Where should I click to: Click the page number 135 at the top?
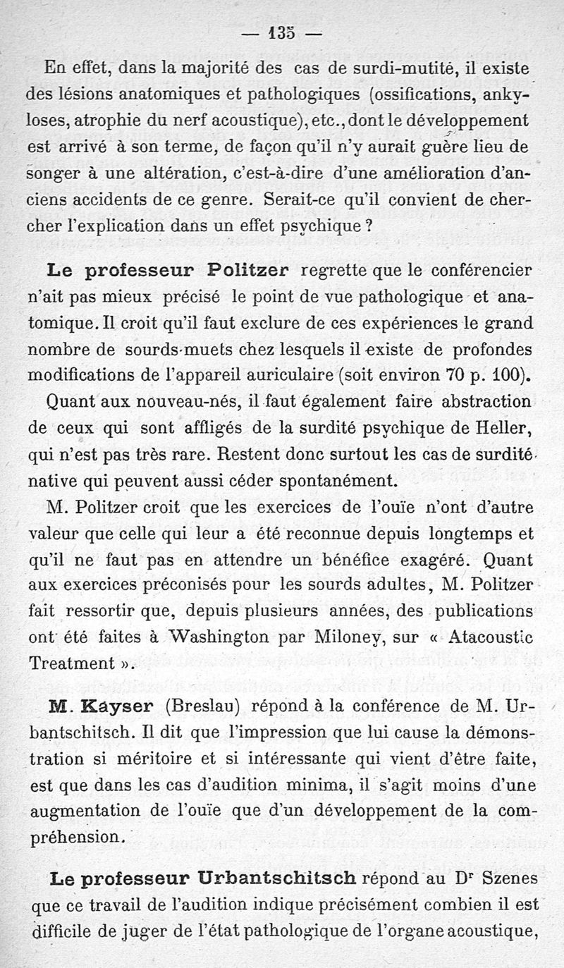point(281,32)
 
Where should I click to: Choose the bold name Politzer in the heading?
point(245,270)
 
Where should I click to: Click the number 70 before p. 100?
point(452,375)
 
